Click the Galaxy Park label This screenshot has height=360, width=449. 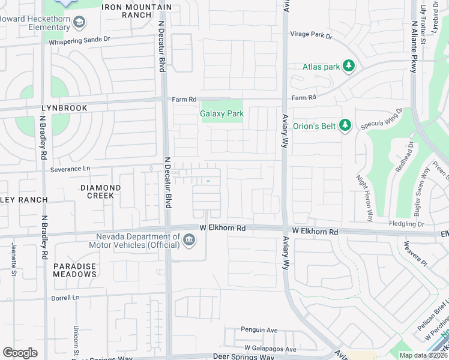(221, 113)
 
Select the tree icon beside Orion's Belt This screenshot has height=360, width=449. (345, 125)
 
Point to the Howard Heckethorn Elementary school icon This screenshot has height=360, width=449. (78, 23)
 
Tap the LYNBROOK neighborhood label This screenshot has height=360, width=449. (64, 108)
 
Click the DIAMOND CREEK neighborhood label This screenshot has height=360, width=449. (101, 191)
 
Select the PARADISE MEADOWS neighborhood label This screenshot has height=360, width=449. (74, 270)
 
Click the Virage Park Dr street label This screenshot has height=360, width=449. (311, 35)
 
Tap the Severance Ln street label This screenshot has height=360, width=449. (70, 169)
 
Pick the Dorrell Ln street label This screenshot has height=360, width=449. (65, 298)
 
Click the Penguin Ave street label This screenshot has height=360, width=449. (259, 329)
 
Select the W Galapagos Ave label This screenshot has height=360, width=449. (270, 349)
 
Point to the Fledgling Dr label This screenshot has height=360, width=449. (406, 224)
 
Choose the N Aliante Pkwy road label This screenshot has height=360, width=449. (414, 48)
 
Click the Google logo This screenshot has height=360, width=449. (20, 353)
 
